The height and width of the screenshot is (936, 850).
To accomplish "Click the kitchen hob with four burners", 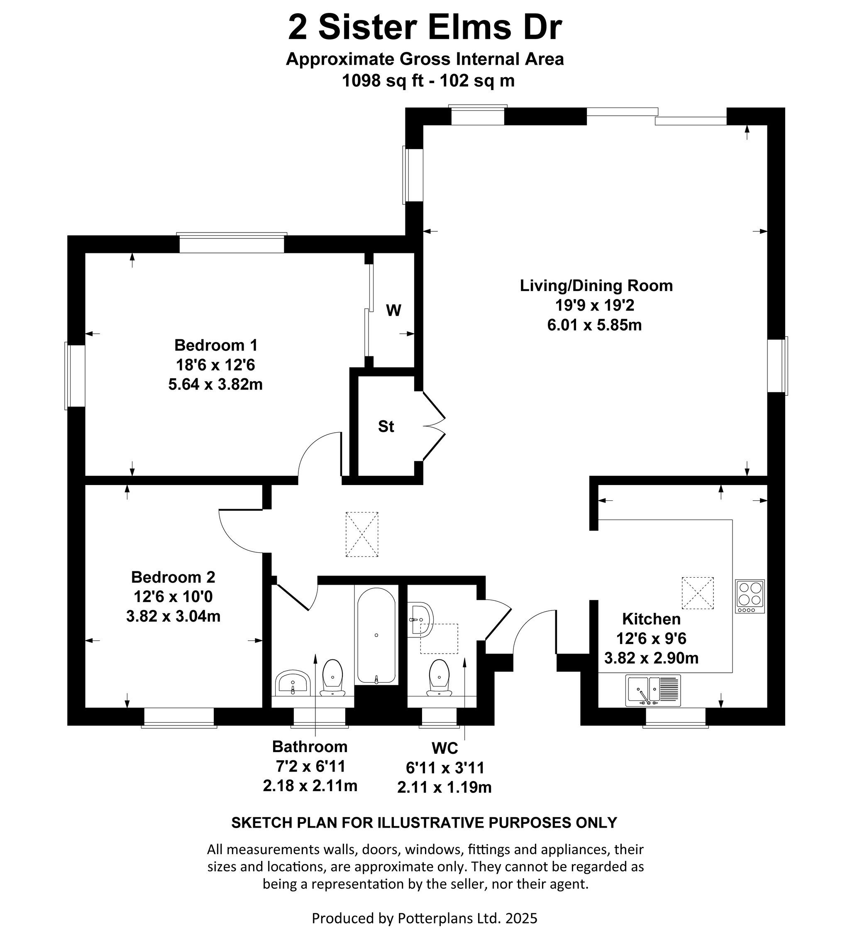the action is [750, 596].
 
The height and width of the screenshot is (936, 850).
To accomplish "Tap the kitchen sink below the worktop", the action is [653, 691].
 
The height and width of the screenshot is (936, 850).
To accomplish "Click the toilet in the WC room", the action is [439, 677].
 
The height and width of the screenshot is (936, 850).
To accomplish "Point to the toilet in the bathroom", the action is [332, 677].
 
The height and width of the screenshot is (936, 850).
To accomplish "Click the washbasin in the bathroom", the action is [293, 683].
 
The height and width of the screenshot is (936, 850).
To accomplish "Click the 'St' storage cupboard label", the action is [386, 426].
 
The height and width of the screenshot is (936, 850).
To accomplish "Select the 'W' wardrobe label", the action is [393, 310].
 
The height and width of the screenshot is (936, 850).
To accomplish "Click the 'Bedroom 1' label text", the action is [216, 345].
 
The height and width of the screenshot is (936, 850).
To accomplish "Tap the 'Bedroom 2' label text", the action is [173, 577].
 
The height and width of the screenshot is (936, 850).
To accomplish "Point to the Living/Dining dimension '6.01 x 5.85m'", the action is [594, 325].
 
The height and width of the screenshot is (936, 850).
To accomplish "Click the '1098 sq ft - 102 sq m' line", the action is [428, 81].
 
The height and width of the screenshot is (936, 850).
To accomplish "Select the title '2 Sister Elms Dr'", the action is [425, 28].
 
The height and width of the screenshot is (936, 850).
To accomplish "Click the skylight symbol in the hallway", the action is [362, 534].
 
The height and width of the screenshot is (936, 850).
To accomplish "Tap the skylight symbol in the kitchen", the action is [697, 593].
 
